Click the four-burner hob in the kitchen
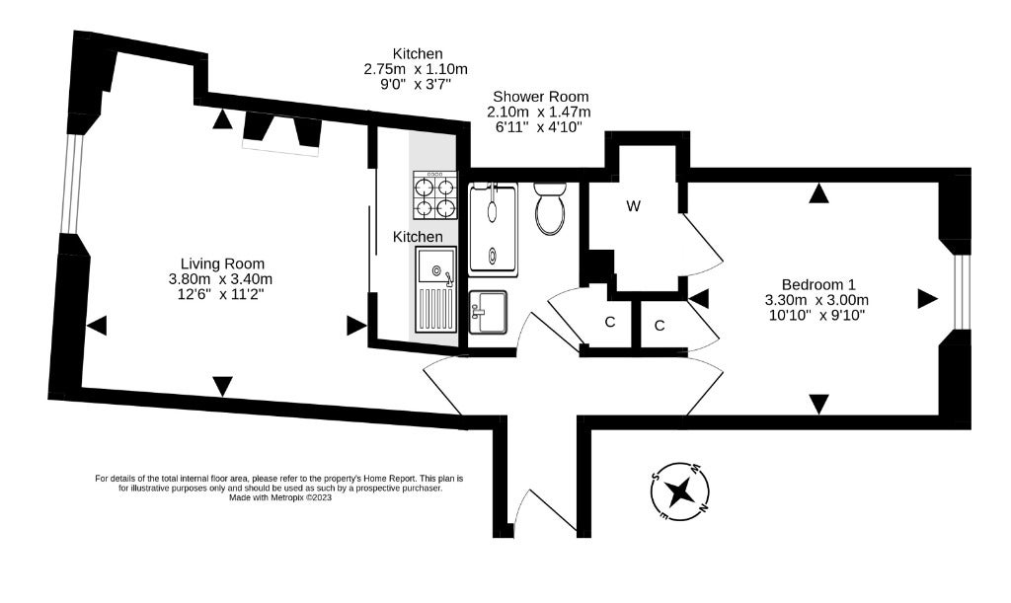click(x=435, y=195)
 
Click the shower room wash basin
click(x=488, y=312)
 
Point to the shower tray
click(x=494, y=230)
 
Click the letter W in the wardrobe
click(x=634, y=206)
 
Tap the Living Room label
click(x=222, y=264)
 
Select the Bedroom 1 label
click(x=818, y=285)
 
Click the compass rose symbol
click(x=680, y=492)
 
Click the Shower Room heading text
click(x=540, y=97)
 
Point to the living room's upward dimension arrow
click(x=222, y=119)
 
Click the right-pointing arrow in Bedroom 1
click(x=928, y=298)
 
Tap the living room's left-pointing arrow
click(x=97, y=326)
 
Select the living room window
click(x=75, y=183)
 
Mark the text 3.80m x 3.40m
click(x=220, y=279)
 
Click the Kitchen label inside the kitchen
click(x=418, y=237)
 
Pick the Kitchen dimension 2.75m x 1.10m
click(x=416, y=69)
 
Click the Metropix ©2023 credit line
click(x=280, y=497)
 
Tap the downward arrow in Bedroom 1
click(x=818, y=405)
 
